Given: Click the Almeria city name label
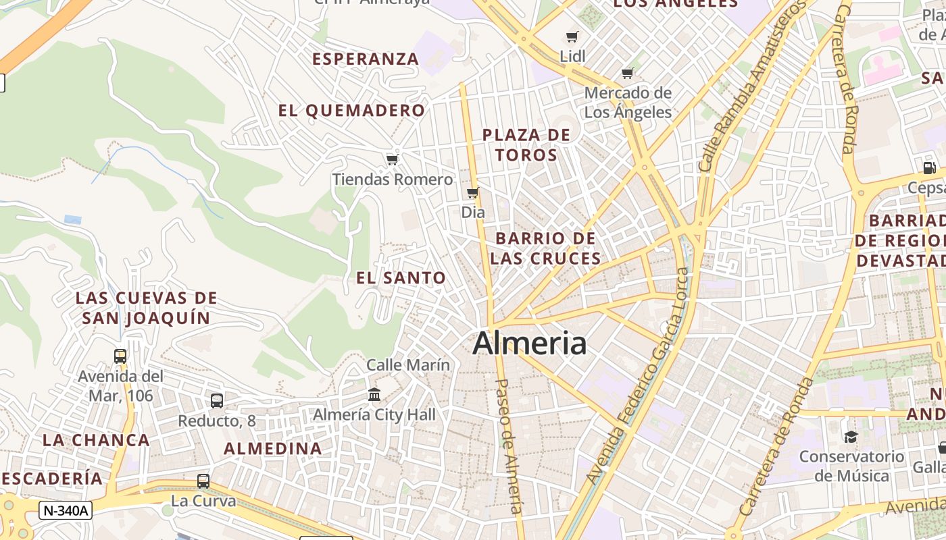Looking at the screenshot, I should coord(529,344).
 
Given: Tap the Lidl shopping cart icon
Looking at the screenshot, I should coord(572,37).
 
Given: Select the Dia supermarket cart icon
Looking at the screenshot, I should coord(473,193).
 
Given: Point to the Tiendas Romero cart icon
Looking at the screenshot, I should coord(392,160).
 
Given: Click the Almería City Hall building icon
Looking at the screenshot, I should coord(374,394).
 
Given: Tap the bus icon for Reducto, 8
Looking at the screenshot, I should coord(217,401).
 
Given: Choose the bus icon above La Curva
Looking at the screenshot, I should coord(203,481).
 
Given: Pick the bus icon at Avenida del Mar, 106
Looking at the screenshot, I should coord(120,356).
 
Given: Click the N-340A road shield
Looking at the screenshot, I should coord(65,511).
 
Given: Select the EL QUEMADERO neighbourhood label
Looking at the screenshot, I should coord(352,111).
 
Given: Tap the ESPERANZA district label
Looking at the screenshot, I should coord(366,59).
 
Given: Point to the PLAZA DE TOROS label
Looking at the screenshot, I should coord(526,145).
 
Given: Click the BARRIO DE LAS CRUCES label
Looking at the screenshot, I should coord(545,248).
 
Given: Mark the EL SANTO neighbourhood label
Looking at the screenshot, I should coord(401,278).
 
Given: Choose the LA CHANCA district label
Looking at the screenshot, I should coord(96,440).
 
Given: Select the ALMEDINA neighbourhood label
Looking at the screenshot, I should coord(273,448).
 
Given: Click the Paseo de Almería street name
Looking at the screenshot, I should coord(509,446).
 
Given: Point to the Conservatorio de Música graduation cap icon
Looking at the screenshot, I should coord(851,437).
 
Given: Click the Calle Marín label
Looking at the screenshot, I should coord(408,365).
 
